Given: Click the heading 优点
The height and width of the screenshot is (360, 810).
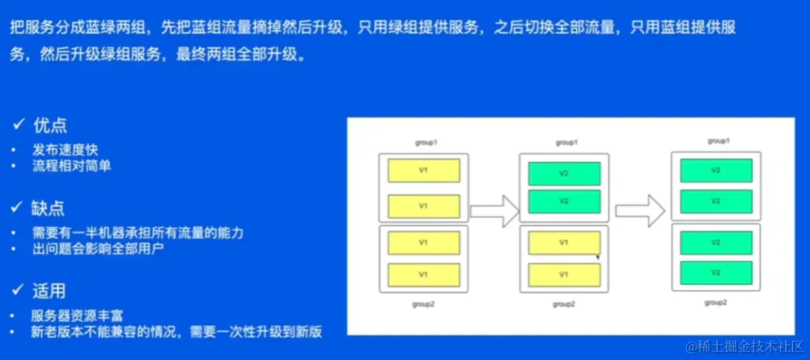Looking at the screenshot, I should coord(50,125).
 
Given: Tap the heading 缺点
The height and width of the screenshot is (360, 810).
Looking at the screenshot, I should coord(50,206).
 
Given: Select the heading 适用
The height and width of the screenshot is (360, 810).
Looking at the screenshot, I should coord(50,288).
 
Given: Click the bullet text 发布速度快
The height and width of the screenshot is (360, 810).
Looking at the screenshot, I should coord(63,150).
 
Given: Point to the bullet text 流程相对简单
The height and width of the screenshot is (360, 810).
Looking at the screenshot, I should coord(71,166).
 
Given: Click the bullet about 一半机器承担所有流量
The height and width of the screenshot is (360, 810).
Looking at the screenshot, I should coord(138,232).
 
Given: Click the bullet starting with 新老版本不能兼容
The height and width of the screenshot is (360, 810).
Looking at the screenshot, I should coord(177,331).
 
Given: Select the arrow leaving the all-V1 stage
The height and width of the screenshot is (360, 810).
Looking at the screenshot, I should coord(494,210).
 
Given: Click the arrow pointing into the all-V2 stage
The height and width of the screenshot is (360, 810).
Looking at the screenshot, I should coord(640,210).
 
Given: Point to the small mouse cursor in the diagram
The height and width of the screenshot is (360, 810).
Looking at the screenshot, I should coord(598,257).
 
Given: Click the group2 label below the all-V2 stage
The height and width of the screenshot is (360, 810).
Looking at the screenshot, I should coord(715,302).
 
